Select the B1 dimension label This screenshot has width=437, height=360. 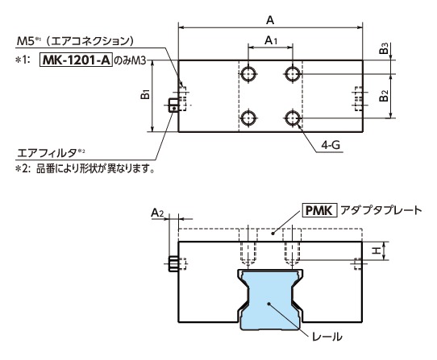145,96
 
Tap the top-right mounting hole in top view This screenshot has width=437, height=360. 292,75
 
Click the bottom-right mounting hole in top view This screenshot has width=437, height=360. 292,119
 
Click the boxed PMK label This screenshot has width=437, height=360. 315,211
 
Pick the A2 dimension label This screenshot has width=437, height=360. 158,213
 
